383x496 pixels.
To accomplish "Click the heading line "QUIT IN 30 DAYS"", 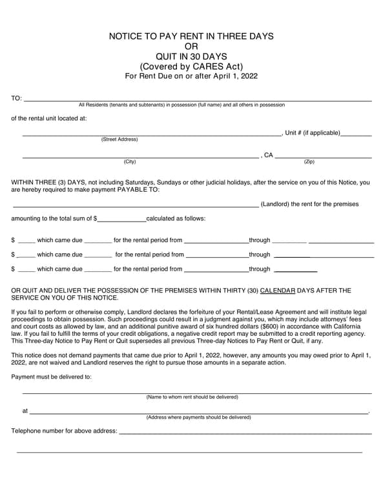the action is coord(191,56).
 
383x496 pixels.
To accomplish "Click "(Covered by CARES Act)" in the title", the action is coord(191,67).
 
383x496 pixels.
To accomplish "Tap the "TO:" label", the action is coord(17,99).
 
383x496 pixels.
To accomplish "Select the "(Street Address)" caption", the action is coord(119,139).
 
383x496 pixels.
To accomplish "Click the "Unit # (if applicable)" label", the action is coord(313,133).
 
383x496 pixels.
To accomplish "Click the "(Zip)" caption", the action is coord(309,161).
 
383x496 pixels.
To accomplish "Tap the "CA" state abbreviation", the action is coord(269,156).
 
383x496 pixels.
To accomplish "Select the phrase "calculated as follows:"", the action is coord(176,219).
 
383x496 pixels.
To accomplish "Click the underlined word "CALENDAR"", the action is coord(278,291).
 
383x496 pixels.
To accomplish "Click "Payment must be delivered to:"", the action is coord(52,377).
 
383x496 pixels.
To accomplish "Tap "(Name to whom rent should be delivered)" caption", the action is coord(192,397).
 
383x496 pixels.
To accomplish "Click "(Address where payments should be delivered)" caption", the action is coord(198,417).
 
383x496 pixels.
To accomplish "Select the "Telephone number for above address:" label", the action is coord(64,431).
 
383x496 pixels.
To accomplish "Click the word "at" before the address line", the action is coord(25,411).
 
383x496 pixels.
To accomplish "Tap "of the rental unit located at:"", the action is coord(49,118).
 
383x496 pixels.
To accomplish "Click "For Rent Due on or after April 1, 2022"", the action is coord(191,76).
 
